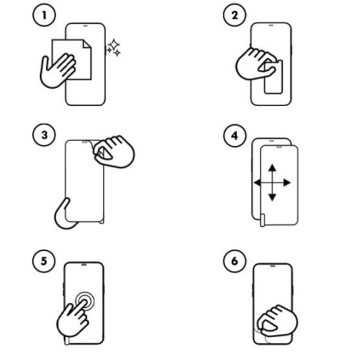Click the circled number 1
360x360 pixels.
pyautogui.click(x=44, y=15)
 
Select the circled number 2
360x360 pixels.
pyautogui.click(x=235, y=15)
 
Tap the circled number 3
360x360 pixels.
pyautogui.click(x=44, y=135)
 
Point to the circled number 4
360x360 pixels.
pyautogui.click(x=235, y=136)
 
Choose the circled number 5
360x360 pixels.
pyautogui.click(x=44, y=261)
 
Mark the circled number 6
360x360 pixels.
pyautogui.click(x=235, y=261)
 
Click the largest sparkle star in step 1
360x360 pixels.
pyautogui.click(x=114, y=44)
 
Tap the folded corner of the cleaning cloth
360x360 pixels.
pyautogui.click(x=87, y=44)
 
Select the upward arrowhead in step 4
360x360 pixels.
pyautogui.click(x=272, y=167)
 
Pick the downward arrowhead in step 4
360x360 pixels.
pyautogui.click(x=272, y=197)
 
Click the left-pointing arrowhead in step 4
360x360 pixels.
pyautogui.click(x=257, y=183)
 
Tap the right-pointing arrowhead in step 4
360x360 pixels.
pyautogui.click(x=287, y=183)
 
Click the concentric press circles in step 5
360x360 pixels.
pyautogui.click(x=85, y=301)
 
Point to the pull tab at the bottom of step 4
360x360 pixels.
pyautogui.click(x=262, y=220)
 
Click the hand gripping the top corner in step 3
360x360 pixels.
pyautogui.click(x=114, y=152)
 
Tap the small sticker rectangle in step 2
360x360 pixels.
pyautogui.click(x=273, y=77)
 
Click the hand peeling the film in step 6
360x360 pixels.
pyautogui.click(x=277, y=322)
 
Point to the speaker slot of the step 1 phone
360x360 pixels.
pyautogui.click(x=85, y=26)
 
